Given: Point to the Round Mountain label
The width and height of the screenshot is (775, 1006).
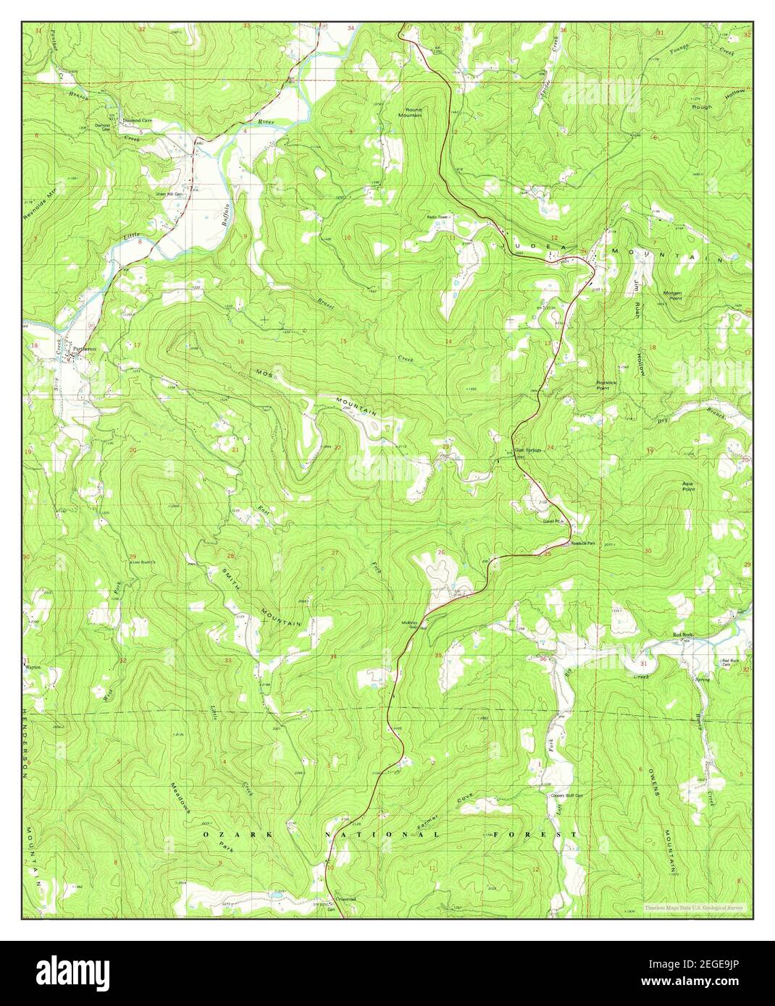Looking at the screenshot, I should coord(414,112).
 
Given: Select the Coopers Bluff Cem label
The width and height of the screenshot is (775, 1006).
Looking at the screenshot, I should coord(568,795).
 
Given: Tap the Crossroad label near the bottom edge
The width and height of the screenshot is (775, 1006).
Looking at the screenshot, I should coord(345,900).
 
